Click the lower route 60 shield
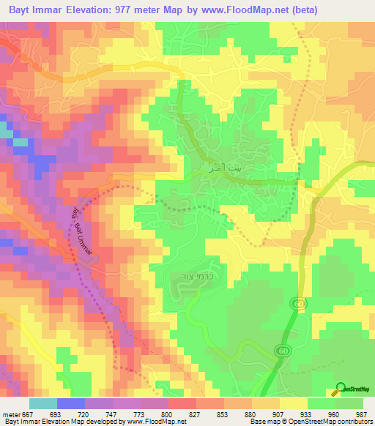[x=282, y=352]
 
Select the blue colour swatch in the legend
[x=70, y=403]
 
